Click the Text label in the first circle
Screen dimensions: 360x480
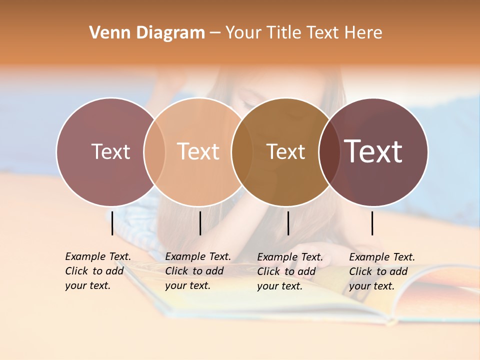(x=110, y=151)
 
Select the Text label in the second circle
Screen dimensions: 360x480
(x=198, y=151)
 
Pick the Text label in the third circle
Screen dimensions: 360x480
(x=285, y=151)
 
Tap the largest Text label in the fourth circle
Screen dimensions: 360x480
(x=373, y=151)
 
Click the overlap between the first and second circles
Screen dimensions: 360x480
(x=154, y=151)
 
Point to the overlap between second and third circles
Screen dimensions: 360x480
(x=242, y=151)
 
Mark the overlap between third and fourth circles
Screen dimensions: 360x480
(x=329, y=151)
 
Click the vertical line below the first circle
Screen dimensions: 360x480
(x=112, y=223)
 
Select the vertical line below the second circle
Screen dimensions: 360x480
(x=200, y=223)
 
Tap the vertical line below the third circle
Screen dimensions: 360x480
(x=288, y=223)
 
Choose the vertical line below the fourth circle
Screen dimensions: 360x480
(x=372, y=223)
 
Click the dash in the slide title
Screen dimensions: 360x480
(x=215, y=33)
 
